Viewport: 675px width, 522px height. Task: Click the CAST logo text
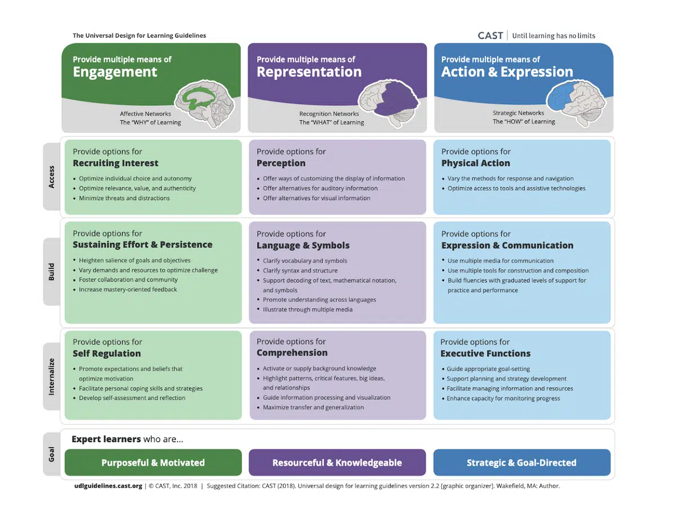point(490,35)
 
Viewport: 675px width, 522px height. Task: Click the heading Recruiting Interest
point(115,163)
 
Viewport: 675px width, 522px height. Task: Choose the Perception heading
point(281,163)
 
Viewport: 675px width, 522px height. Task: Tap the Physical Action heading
point(475,163)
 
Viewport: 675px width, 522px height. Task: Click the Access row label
point(52,176)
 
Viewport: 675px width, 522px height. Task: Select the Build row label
point(52,271)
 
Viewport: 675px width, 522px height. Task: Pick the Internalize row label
point(52,376)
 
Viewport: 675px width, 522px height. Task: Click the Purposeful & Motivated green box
point(153,463)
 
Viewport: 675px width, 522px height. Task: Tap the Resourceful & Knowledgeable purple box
point(337,463)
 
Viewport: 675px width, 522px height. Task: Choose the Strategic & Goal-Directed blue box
point(521,463)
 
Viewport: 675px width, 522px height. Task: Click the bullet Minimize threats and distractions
point(124,198)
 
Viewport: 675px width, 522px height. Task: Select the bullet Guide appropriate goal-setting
point(488,369)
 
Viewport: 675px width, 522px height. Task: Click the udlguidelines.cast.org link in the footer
point(107,485)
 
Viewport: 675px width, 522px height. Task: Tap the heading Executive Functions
point(485,354)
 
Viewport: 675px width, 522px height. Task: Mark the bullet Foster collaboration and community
point(128,280)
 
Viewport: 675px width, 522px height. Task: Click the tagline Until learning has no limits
point(553,35)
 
